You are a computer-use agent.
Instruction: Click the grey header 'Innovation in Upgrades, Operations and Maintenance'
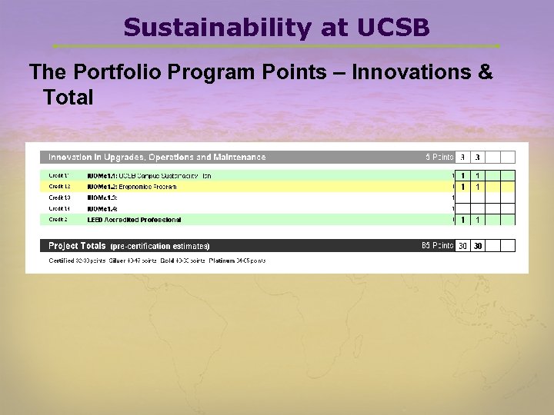[157, 157]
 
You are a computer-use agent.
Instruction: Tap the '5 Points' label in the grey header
[439, 157]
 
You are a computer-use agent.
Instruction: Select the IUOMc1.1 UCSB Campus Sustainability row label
[149, 176]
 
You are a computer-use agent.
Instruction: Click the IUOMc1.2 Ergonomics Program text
[132, 187]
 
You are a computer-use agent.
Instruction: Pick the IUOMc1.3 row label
[102, 198]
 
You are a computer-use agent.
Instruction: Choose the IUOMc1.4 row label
[102, 208]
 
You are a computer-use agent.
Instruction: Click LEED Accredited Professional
[134, 220]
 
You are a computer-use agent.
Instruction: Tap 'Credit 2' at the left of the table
[59, 220]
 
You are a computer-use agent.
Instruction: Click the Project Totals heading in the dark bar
[77, 246]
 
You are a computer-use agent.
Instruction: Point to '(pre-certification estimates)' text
[160, 247]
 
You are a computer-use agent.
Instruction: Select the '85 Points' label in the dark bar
[437, 246]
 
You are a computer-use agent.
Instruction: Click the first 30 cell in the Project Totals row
[462, 246]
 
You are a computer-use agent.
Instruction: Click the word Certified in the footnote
[62, 261]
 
